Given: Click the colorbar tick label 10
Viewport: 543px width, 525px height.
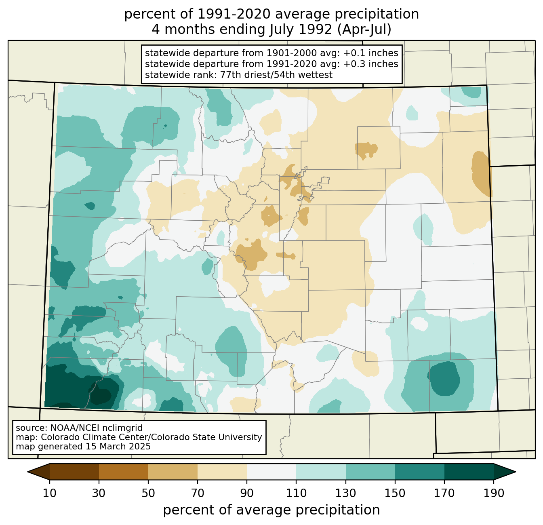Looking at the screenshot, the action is pos(49,493).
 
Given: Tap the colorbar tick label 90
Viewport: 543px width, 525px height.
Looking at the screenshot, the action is pos(247,493).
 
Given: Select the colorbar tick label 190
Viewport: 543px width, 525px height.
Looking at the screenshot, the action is pos(493,493).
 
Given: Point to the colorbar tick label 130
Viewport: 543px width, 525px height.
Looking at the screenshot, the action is pos(345,493).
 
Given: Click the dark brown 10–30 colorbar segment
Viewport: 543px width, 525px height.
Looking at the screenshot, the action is pos(74,472).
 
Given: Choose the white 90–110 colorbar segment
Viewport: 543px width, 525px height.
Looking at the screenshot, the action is pos(271,472).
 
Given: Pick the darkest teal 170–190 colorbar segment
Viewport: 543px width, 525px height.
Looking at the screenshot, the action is pos(469,472).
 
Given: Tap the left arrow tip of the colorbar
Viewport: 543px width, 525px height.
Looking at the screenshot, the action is pos(27,472).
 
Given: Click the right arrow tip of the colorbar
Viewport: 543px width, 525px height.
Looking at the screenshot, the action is pos(516,472).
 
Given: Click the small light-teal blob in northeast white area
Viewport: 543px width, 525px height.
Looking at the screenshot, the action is pos(412,113).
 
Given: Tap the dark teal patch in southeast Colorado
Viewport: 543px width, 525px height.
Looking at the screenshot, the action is pos(443,378).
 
